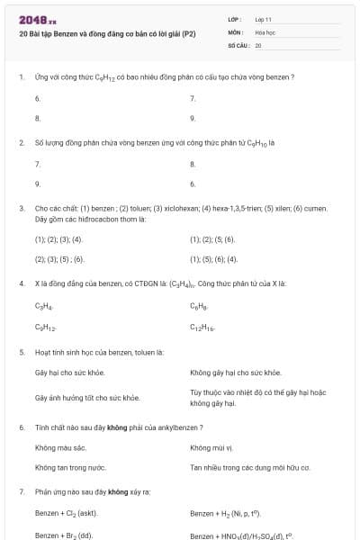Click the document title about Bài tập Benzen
107,34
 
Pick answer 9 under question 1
193,118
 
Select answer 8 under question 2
193,164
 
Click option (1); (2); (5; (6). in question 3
212,239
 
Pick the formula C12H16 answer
202,328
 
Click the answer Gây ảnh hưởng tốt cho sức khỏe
86,397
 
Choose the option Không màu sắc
60,447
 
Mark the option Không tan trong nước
70,468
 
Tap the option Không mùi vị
211,447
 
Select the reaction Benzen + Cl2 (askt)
66,514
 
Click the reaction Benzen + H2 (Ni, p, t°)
230,514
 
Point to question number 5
21,352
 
